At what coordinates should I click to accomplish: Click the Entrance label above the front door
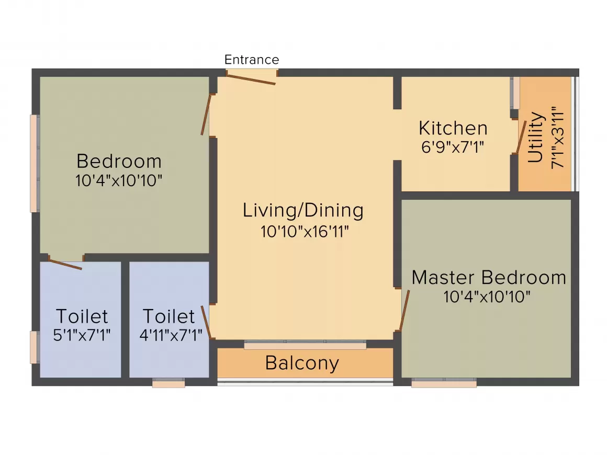click(x=252, y=60)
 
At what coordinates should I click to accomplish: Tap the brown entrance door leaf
click(x=251, y=79)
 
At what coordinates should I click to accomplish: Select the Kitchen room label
click(x=453, y=128)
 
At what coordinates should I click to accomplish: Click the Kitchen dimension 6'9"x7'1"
click(x=453, y=147)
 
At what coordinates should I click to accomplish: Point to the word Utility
click(x=536, y=138)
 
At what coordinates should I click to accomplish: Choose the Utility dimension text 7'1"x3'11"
click(x=557, y=137)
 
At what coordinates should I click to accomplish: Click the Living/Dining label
click(x=303, y=211)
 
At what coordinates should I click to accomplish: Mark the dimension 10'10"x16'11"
click(x=305, y=231)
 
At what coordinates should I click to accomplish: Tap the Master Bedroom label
click(x=489, y=277)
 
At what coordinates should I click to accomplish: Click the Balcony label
click(x=302, y=363)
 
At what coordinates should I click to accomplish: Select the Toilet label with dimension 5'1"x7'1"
click(x=82, y=316)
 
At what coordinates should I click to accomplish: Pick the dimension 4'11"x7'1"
click(x=171, y=335)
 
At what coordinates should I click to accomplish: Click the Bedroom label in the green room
click(x=119, y=161)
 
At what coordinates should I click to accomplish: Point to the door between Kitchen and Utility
click(x=521, y=138)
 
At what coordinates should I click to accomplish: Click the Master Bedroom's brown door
click(x=404, y=310)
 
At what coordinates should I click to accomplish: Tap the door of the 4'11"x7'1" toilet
click(x=206, y=322)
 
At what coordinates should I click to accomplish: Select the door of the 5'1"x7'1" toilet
click(x=65, y=264)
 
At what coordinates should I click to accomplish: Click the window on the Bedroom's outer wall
click(x=35, y=163)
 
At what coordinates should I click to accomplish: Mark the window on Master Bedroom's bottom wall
click(x=444, y=383)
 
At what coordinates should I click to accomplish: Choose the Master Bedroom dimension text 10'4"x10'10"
click(x=487, y=297)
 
